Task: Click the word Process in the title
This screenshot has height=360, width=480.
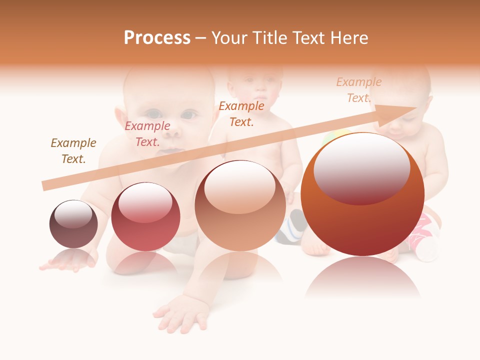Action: point(157,37)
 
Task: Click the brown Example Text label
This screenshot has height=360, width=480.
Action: point(73,150)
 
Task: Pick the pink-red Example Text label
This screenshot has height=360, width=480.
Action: point(147,133)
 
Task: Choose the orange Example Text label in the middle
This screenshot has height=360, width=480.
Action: point(241,113)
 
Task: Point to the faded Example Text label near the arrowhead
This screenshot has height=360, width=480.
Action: point(358,90)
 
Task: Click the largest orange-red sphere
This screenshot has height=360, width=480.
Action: point(362,220)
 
